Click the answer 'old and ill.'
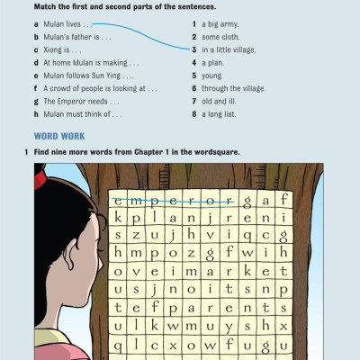[222, 102]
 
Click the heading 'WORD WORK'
[59, 136]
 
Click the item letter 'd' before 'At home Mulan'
[35, 63]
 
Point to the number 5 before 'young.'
[193, 76]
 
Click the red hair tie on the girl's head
[40, 179]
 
